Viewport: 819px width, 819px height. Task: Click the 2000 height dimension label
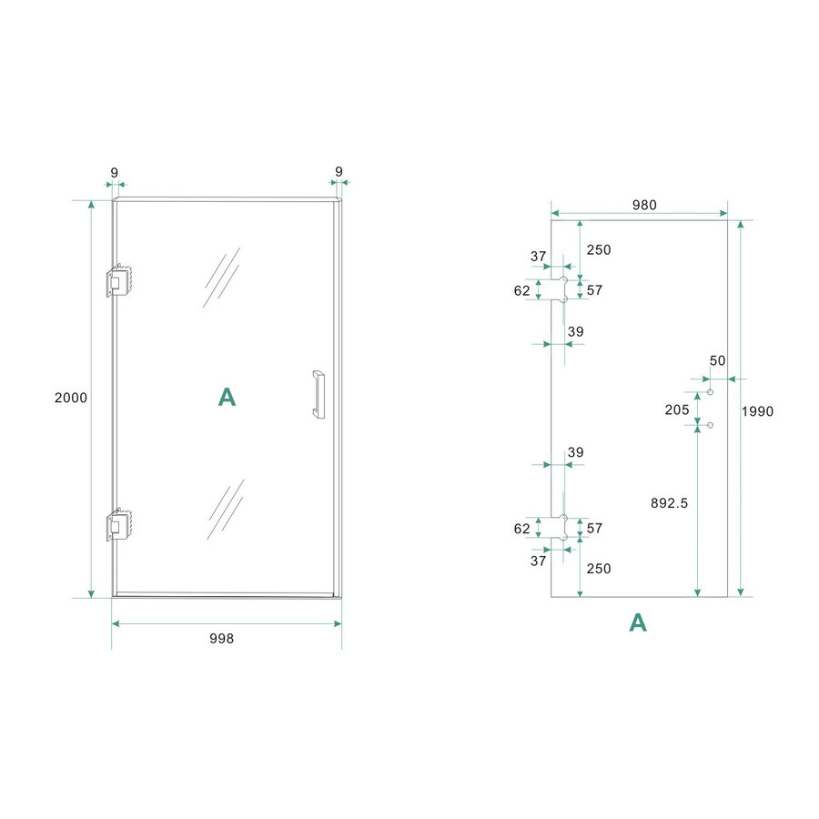71,398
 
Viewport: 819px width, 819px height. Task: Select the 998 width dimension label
221,639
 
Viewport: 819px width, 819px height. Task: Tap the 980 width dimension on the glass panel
643,206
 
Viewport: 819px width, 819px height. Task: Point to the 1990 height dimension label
757,411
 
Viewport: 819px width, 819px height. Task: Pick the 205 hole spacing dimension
677,409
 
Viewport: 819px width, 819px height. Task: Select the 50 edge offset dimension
718,360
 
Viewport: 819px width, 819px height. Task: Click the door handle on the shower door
318,394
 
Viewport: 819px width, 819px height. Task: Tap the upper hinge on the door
119,281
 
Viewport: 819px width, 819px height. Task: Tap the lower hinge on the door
119,525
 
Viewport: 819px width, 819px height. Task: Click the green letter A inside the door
227,397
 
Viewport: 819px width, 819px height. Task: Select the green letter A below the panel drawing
639,622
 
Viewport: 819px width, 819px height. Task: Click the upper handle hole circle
710,392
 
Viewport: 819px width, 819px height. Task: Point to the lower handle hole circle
710,425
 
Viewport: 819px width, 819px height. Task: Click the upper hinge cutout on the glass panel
561,289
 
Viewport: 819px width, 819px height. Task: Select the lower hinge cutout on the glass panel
561,529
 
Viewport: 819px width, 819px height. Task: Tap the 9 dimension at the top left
114,171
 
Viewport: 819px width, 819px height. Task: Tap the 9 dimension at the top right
339,171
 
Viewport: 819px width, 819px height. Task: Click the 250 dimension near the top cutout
598,250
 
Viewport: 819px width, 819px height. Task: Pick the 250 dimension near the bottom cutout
598,569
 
